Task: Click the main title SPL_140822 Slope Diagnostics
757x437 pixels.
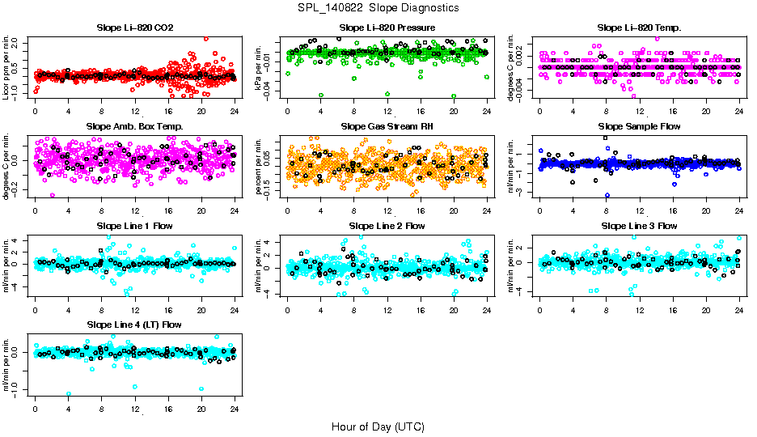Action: point(378,8)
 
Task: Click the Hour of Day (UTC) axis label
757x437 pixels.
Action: point(378,426)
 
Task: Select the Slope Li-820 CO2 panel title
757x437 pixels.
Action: point(135,28)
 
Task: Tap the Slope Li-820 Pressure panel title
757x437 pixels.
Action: point(387,28)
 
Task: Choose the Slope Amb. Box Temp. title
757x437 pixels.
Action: point(135,126)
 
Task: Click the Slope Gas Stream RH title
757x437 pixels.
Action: point(387,126)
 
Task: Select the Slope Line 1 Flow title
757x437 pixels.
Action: point(135,225)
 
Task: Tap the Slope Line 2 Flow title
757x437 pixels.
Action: point(387,225)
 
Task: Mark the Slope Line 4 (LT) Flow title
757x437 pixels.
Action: point(135,325)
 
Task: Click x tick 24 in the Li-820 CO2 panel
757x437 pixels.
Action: point(235,110)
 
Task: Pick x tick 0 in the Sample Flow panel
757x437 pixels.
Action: point(539,209)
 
